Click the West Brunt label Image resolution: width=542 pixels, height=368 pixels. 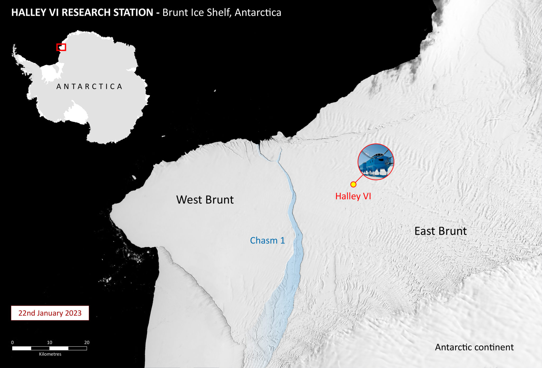(x=205, y=200)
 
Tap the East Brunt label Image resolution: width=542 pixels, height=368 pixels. (x=440, y=231)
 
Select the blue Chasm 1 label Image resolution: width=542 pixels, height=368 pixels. (x=267, y=240)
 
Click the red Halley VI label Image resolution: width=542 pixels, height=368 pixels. (x=353, y=196)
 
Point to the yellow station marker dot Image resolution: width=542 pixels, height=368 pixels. (x=353, y=184)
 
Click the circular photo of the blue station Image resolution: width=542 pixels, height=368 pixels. (x=376, y=162)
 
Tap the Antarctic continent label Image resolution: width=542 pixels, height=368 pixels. (x=474, y=347)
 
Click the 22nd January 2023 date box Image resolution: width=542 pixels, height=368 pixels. (x=50, y=313)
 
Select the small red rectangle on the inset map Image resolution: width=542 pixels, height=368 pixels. (x=61, y=47)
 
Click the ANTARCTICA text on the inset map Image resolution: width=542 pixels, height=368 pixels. (x=89, y=87)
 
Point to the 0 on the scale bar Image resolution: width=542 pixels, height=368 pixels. (x=12, y=342)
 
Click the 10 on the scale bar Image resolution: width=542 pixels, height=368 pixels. (x=49, y=342)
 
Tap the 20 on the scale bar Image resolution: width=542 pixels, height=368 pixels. (x=87, y=342)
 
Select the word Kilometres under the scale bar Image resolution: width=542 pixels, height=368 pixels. (x=50, y=354)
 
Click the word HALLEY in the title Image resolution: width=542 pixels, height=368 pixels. (x=29, y=12)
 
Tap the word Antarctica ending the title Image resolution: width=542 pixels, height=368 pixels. (x=258, y=12)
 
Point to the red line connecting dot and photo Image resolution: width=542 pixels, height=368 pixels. (x=359, y=178)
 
